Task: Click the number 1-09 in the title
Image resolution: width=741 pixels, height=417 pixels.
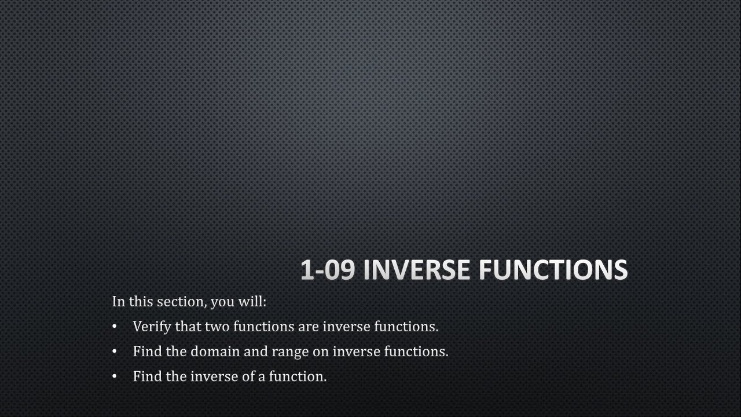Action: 327,270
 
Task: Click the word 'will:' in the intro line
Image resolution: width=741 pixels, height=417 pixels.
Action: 252,302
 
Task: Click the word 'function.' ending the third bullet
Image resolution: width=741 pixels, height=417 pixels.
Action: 298,376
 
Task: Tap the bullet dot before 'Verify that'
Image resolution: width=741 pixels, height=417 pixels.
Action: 115,327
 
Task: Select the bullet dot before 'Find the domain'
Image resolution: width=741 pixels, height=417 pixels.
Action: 115,352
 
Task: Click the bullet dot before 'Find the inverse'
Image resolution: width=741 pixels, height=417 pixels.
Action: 115,376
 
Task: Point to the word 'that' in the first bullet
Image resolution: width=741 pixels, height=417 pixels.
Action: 188,327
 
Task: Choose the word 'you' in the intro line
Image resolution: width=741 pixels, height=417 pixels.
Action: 222,302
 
